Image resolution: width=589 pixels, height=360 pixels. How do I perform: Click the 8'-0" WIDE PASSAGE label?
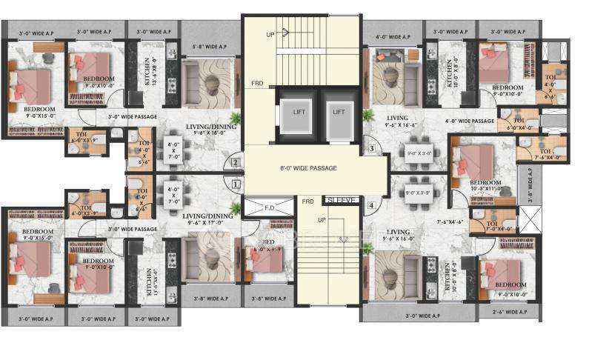[308, 168]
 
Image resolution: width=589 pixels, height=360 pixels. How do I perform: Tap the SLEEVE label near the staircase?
[342, 200]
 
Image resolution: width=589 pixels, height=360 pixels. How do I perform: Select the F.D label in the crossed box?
[269, 209]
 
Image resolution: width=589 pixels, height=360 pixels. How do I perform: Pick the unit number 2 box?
[236, 162]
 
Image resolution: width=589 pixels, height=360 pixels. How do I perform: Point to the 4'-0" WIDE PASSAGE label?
[469, 120]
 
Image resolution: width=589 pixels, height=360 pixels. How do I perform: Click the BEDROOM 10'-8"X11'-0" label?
[485, 185]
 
